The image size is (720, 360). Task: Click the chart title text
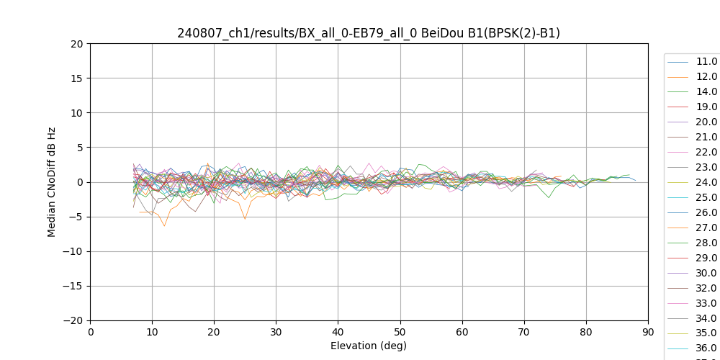click(369, 33)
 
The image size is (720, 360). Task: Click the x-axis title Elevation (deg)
click(369, 346)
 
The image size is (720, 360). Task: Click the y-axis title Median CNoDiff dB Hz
click(52, 182)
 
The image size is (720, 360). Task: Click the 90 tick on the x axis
click(648, 332)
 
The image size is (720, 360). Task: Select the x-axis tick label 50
click(400, 332)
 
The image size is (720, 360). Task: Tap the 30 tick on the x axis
click(276, 332)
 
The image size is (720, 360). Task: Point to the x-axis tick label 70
click(524, 332)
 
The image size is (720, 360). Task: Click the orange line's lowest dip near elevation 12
click(164, 226)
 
